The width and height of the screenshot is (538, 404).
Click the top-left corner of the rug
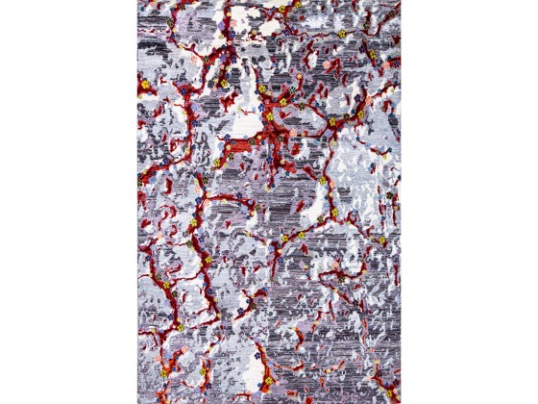138,1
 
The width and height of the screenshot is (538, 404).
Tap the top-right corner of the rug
400,1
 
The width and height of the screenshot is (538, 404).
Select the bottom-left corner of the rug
138,402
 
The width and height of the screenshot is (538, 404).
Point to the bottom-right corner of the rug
400,402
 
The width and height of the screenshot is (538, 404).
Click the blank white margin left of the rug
67,202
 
